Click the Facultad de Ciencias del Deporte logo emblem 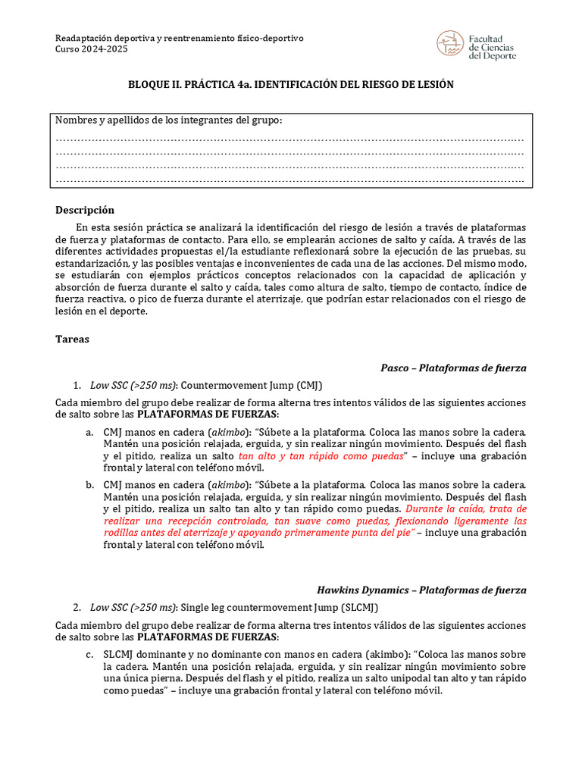point(449,44)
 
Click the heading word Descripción point(85,210)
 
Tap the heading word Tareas point(73,339)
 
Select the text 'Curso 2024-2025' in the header point(92,49)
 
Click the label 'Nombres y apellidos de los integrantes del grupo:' point(169,120)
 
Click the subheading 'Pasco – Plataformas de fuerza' point(453,368)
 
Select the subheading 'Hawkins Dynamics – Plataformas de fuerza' point(421,590)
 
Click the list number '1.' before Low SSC point(77,385)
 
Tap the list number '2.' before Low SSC point(77,607)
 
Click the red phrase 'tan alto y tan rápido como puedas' point(321,457)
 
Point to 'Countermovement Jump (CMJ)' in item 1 point(246,385)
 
